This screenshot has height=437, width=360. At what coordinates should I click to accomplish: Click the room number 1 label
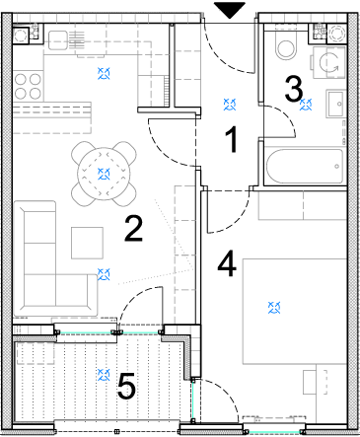232,139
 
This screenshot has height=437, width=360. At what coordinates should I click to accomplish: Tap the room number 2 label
133,229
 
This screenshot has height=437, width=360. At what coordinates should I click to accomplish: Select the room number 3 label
294,89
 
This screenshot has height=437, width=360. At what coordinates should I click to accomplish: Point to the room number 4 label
227,263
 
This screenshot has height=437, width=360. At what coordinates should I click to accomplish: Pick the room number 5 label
126,386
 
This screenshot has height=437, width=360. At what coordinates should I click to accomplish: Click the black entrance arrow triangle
230,10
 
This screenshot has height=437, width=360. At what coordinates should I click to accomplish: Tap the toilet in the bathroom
285,45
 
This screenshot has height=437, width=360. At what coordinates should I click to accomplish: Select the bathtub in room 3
305,167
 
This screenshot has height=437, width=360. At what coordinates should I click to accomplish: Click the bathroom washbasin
335,104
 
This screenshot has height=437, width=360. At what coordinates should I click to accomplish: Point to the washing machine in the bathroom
328,62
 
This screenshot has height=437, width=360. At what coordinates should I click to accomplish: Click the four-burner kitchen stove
28,87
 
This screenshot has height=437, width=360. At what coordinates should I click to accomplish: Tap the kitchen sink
67,40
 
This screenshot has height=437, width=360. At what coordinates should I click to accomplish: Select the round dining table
104,174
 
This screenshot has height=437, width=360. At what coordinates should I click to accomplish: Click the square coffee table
87,243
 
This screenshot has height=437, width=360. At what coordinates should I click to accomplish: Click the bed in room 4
295,312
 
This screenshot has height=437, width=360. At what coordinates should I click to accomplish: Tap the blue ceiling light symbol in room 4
274,308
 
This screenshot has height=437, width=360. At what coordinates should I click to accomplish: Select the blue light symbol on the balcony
104,375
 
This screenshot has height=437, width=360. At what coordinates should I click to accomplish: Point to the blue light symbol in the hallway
230,105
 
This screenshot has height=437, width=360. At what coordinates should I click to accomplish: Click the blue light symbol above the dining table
104,174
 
